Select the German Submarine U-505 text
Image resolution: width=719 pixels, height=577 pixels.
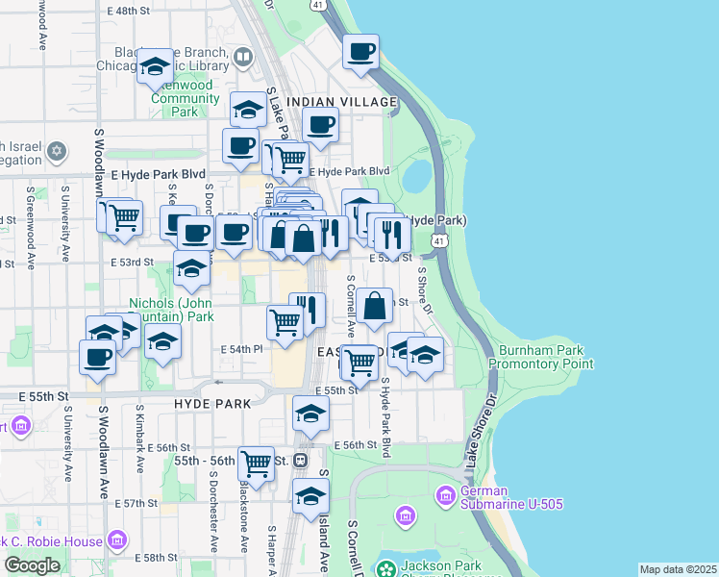pyautogui.click(x=510, y=496)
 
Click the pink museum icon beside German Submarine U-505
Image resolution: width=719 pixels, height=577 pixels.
pyautogui.click(x=444, y=496)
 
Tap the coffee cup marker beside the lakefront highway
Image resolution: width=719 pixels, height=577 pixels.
pyautogui.click(x=360, y=52)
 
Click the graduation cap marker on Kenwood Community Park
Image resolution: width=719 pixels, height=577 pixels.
pyautogui.click(x=154, y=66)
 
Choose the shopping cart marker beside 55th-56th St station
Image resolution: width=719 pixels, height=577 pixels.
pyautogui.click(x=256, y=464)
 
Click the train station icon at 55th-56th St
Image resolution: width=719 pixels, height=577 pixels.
pyautogui.click(x=301, y=461)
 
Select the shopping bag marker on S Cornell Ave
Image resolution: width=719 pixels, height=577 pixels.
pyautogui.click(x=377, y=307)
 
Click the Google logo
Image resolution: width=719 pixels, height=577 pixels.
pyautogui.click(x=32, y=565)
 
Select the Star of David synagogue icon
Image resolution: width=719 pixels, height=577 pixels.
pyautogui.click(x=56, y=151)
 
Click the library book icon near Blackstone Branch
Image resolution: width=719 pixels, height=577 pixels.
pyautogui.click(x=243, y=58)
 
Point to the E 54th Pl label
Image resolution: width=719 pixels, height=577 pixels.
pyautogui.click(x=241, y=349)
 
